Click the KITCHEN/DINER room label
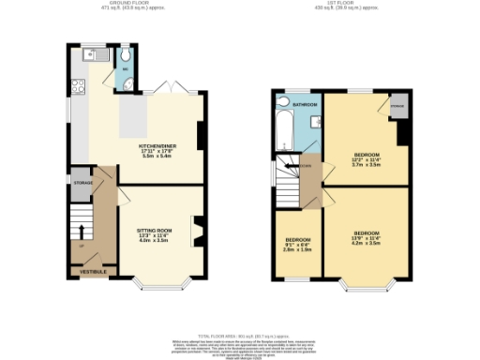154,146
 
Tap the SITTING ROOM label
155,229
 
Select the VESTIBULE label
92,271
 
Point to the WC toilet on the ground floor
124,82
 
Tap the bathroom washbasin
315,123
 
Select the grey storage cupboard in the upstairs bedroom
397,105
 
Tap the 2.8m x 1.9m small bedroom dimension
297,250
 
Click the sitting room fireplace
197,231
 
